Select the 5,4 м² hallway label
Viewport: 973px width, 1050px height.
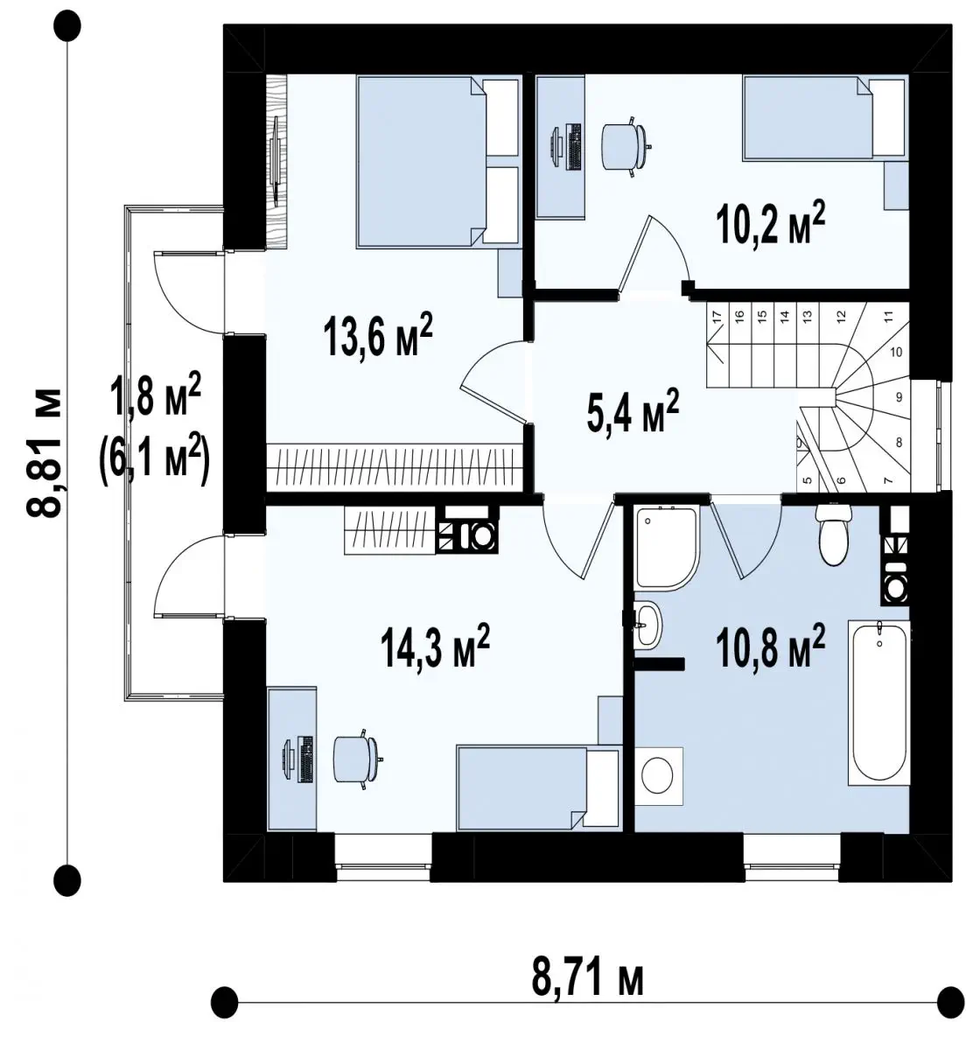pyautogui.click(x=633, y=410)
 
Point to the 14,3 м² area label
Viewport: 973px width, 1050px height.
pyautogui.click(x=435, y=645)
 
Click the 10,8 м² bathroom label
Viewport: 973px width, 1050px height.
pyautogui.click(x=771, y=647)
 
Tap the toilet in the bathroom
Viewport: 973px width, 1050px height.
pyautogui.click(x=833, y=534)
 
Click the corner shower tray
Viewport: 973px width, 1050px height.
pyautogui.click(x=668, y=548)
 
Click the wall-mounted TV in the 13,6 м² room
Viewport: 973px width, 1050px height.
pyautogui.click(x=276, y=158)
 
